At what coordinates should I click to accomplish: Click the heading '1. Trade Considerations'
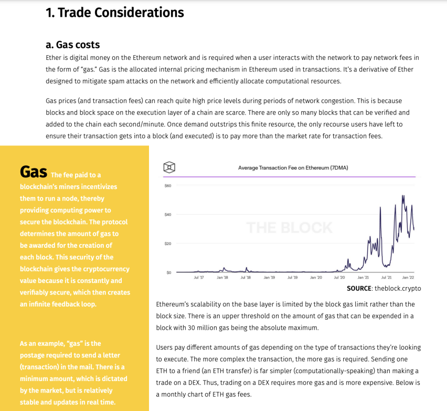point(115,13)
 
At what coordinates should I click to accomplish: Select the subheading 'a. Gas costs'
point(73,45)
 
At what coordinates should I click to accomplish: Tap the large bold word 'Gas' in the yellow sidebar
point(34,172)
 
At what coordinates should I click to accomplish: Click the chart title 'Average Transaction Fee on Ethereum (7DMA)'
point(293,168)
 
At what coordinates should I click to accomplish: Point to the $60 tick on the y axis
point(168,186)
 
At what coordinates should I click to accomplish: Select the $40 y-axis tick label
point(168,215)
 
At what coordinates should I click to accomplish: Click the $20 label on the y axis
point(168,244)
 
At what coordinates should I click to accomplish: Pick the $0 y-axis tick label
point(169,272)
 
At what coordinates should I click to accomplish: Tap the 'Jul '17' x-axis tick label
point(199,277)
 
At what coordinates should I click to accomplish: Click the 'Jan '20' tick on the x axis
point(316,277)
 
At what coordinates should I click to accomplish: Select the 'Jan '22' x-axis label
point(409,277)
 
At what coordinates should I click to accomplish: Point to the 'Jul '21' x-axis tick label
point(386,277)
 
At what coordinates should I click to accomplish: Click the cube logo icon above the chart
point(169,167)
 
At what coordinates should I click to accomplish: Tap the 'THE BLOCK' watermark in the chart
point(289,228)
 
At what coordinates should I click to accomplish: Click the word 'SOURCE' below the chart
point(359,288)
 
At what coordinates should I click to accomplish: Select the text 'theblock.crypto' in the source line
point(398,288)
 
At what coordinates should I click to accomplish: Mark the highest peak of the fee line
point(402,196)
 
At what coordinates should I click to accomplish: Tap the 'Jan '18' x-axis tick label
point(222,277)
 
